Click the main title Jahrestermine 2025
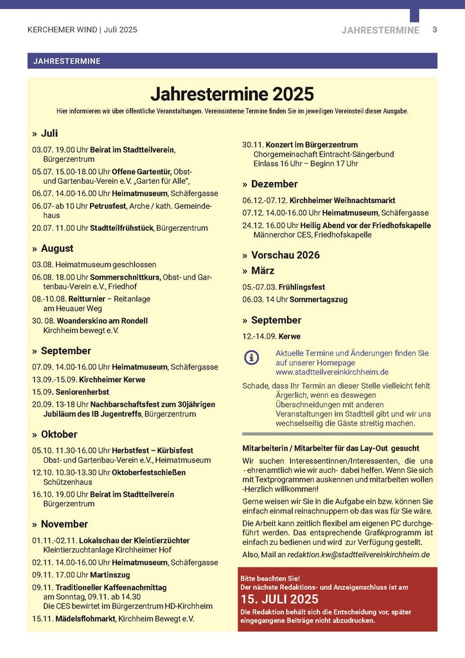pos(232,94)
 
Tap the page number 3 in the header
pos(435,30)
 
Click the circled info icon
pos(252,358)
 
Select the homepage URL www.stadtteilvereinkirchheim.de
pos(332,372)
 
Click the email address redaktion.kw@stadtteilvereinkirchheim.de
pos(358,555)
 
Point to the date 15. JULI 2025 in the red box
pos(279,600)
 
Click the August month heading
pos(57,249)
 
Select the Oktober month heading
pos(59,434)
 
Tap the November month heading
pos(64,524)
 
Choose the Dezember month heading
pos(274,184)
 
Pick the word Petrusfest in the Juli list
pos(110,206)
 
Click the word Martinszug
pos(110,574)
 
